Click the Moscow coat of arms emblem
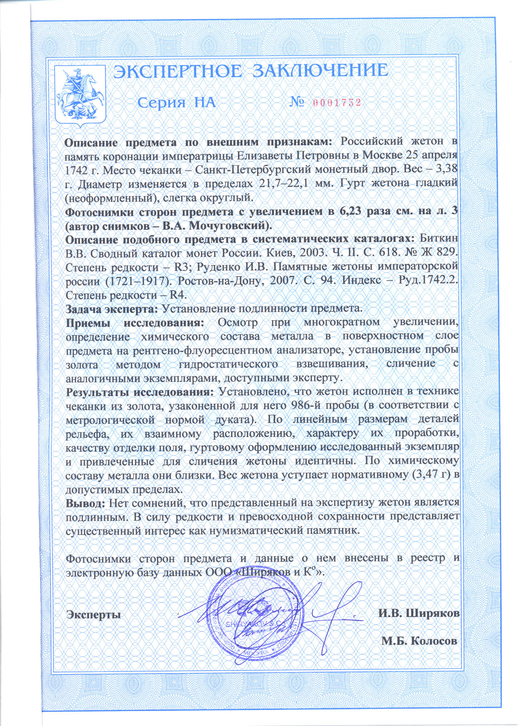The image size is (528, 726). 80,95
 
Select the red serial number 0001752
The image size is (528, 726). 336,103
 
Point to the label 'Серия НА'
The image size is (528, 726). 177,103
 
